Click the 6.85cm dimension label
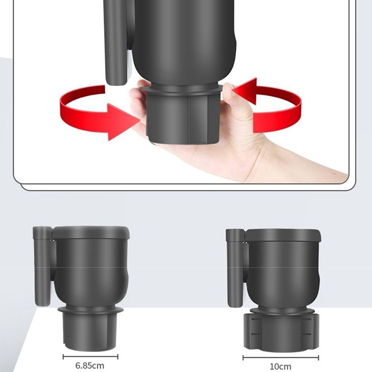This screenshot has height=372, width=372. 90,365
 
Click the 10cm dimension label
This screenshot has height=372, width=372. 281,366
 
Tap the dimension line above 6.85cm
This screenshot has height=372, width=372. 90,357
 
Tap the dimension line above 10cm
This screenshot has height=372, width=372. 281,358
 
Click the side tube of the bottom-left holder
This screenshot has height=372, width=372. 43,266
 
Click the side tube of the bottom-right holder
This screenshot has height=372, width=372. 235,268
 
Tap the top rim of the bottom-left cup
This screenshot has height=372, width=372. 91,232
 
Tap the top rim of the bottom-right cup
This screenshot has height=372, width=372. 283,235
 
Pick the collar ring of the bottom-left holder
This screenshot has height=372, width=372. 90,309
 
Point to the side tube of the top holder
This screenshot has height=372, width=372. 115,43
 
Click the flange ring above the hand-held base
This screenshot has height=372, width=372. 181,89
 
